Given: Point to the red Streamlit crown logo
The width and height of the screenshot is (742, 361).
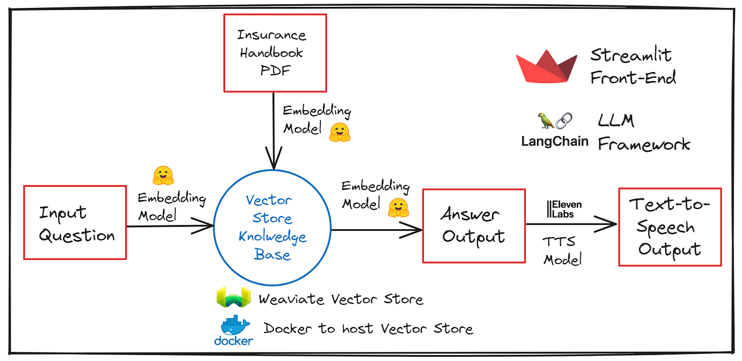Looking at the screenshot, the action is click(546, 66).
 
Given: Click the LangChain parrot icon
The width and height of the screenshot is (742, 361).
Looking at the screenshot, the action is click(545, 120).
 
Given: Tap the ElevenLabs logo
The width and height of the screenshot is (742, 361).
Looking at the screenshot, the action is click(564, 209).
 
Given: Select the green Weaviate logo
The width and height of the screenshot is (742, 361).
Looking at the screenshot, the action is click(234, 297).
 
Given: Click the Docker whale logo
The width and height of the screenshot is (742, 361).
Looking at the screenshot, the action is click(234, 330).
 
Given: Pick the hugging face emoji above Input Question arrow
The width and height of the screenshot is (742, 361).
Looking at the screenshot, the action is click(163, 175).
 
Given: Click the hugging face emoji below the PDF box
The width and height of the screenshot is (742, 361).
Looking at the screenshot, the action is click(340, 132).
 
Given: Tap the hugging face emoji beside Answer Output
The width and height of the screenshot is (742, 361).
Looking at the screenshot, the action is click(399, 207).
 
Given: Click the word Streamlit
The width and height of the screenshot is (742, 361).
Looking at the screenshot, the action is click(631, 55).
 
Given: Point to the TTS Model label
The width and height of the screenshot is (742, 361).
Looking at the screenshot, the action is click(562, 250).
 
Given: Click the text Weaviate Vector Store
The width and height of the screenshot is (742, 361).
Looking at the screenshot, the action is click(341, 300).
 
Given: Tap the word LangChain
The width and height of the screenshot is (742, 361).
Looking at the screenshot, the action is click(555, 141).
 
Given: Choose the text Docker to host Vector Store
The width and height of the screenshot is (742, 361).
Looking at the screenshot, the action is click(368, 329).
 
